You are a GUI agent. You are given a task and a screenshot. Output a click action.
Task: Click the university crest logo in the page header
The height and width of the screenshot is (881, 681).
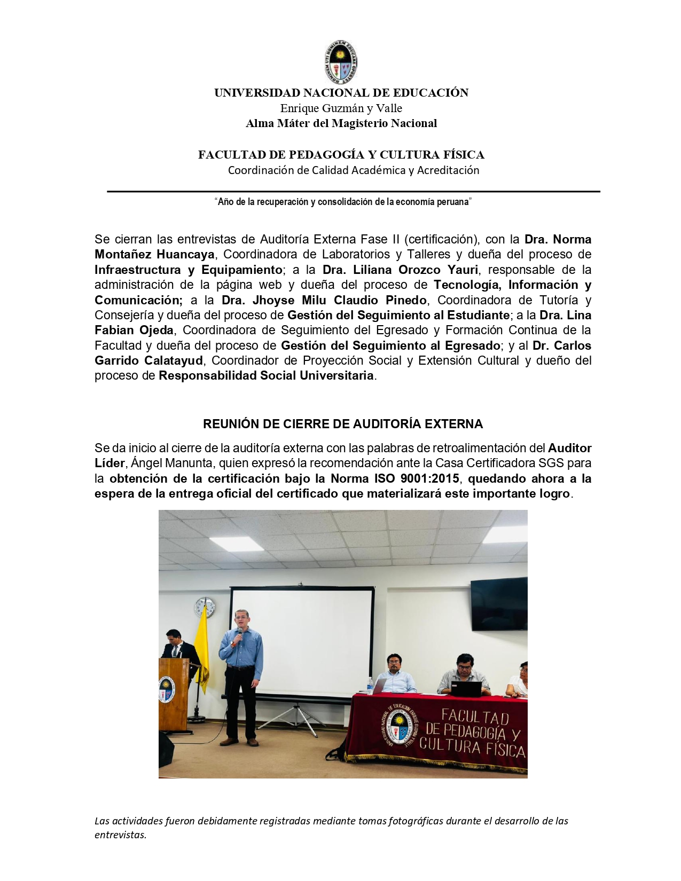tap(340, 62)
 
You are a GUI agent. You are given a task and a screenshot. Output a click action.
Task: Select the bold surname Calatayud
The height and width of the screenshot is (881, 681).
tap(174, 360)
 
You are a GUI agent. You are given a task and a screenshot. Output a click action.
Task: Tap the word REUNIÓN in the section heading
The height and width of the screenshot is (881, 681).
tap(229, 424)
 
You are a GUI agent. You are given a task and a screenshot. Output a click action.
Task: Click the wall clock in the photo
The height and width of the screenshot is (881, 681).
tap(204, 608)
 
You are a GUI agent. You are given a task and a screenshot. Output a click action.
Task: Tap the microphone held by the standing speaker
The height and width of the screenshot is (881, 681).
tap(240, 633)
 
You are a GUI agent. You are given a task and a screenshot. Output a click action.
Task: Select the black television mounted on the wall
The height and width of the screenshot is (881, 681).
tap(498, 603)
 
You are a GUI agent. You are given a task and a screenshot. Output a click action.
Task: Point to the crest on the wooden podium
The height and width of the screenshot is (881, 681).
tap(166, 689)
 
